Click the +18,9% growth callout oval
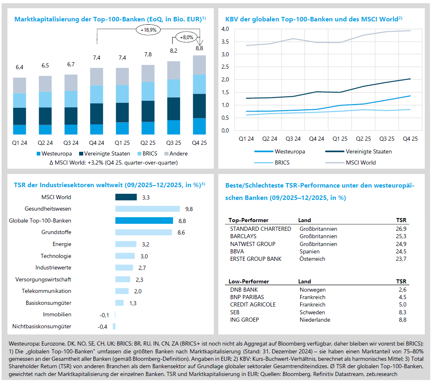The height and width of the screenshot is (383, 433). pyautogui.click(x=148, y=30)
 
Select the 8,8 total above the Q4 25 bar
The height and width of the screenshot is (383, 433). pyautogui.click(x=199, y=48)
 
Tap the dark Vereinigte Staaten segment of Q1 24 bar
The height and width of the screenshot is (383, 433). pyautogui.click(x=20, y=116)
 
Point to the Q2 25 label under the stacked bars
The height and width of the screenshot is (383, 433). pyautogui.click(x=148, y=142)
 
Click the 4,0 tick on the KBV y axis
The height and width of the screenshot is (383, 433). pyautogui.click(x=225, y=29)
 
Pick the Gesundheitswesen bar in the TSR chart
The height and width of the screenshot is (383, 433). pyautogui.click(x=147, y=209)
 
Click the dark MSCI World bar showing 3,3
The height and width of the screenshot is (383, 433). pyautogui.click(x=126, y=197)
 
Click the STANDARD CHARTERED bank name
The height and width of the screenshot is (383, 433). pyautogui.click(x=260, y=229)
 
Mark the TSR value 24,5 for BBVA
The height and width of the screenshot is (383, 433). pyautogui.click(x=401, y=251)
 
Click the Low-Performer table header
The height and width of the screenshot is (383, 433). pyautogui.click(x=249, y=282)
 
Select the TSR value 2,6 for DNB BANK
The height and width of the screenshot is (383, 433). pyautogui.click(x=403, y=290)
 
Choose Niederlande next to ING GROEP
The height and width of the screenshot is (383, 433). pyautogui.click(x=315, y=320)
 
